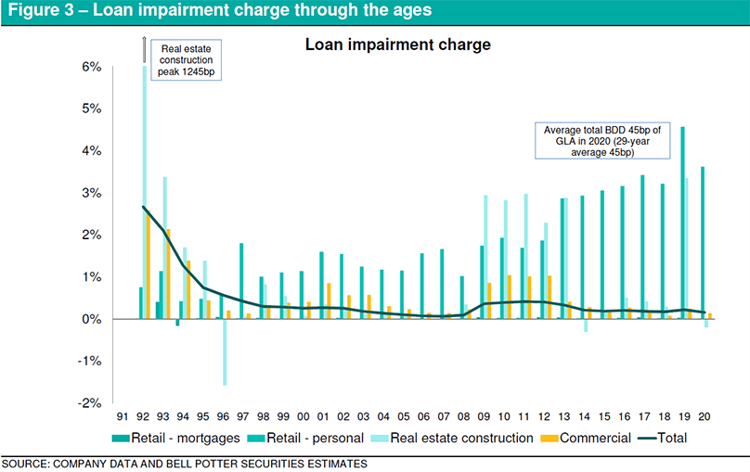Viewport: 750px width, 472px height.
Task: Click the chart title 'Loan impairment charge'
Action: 397,44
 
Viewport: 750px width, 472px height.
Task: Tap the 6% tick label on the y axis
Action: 91,67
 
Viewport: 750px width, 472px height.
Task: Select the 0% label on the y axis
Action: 91,319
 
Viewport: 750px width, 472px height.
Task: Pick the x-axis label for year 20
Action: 705,419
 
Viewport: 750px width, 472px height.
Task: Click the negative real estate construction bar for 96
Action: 225,351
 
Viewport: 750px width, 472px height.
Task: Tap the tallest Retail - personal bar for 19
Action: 683,223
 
